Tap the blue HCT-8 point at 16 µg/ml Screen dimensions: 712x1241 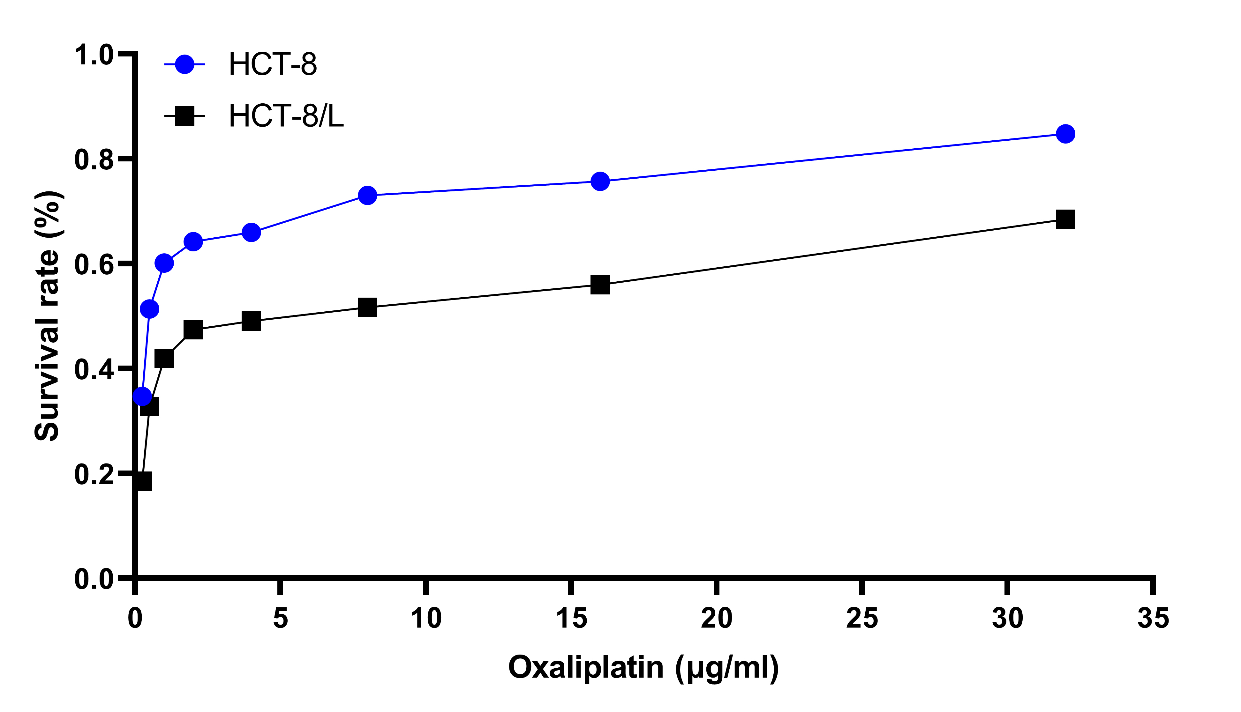point(600,182)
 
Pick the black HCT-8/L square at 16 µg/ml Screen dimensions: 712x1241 point(600,284)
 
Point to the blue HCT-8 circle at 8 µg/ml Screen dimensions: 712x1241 point(367,196)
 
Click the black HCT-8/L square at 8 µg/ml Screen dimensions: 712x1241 point(367,308)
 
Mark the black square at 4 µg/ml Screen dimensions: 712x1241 point(251,321)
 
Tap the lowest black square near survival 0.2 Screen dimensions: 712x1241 point(142,481)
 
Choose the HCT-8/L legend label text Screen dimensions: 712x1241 point(286,116)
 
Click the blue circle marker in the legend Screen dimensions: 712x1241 point(184,64)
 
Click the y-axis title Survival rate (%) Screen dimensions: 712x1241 point(48,316)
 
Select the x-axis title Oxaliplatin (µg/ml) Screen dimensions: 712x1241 point(643,668)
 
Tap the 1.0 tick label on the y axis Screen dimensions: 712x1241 point(94,55)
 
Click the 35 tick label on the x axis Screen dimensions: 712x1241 point(1153,618)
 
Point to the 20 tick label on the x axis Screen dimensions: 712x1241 point(716,618)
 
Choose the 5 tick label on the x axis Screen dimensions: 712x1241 point(280,618)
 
